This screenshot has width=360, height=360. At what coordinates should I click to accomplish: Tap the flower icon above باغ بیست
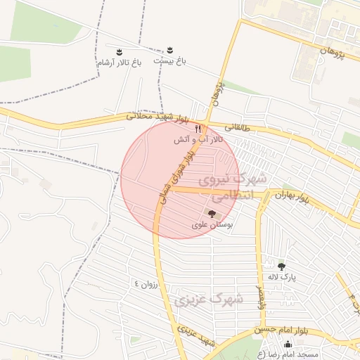pyautogui.click(x=169, y=51)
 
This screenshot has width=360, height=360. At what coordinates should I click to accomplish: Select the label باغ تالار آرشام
pyautogui.click(x=120, y=63)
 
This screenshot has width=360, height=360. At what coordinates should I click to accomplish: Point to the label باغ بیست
pyautogui.click(x=169, y=61)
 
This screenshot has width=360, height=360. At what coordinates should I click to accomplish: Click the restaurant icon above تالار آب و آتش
pyautogui.click(x=198, y=129)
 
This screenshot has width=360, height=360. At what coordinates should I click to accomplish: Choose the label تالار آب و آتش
pyautogui.click(x=199, y=140)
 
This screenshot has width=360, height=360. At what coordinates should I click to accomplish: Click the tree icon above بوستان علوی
pyautogui.click(x=212, y=212)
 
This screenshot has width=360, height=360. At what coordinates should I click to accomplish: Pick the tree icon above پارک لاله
pyautogui.click(x=282, y=266)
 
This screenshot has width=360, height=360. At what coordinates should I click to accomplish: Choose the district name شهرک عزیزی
pyautogui.click(x=209, y=300)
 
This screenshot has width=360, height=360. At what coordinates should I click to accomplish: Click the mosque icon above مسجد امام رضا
pyautogui.click(x=288, y=344)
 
